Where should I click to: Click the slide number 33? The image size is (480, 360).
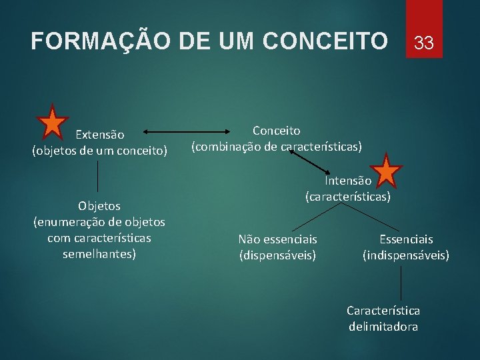[x=423, y=44]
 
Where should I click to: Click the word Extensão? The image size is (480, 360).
[x=99, y=135]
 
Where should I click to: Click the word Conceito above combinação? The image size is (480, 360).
[x=276, y=131]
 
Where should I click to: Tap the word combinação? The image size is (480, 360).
[x=227, y=146]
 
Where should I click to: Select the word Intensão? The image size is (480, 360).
[x=347, y=181]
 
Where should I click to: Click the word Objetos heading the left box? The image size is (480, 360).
[x=99, y=206]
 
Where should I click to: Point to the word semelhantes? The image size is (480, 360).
[x=99, y=254]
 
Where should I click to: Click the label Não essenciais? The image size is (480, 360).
[x=277, y=239]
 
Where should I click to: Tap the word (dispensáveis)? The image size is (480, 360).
[x=277, y=255]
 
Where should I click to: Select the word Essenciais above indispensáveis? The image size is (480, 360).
[x=406, y=239]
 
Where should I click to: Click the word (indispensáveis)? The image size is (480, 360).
[x=406, y=255]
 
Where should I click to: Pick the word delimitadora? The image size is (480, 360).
[x=383, y=327]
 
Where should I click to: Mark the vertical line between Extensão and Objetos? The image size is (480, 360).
[x=99, y=176]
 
